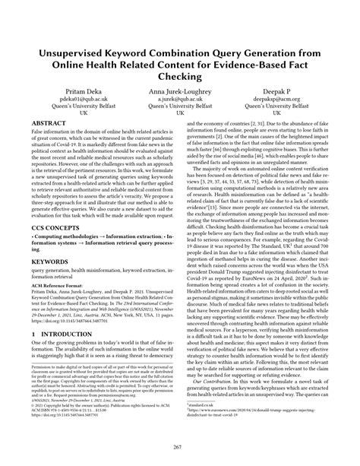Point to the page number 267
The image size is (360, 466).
coord(180,448)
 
